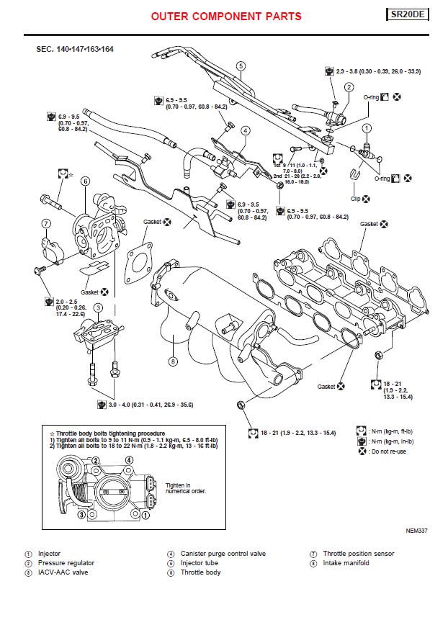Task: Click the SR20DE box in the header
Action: pos(408,14)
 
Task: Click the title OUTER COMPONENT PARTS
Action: pos(226,17)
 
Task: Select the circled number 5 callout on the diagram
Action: pos(241,66)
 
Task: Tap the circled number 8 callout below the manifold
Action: pos(173,361)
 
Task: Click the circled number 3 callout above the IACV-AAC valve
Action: pos(99,308)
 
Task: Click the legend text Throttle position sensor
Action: pos(358,554)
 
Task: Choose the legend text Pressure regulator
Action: pos(66,563)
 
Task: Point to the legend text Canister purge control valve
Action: pos(217,554)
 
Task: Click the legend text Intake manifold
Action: pos(346,563)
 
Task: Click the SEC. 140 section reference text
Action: pos(74,49)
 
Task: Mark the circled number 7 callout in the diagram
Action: pos(45,223)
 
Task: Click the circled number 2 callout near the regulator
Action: pos(349,87)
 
